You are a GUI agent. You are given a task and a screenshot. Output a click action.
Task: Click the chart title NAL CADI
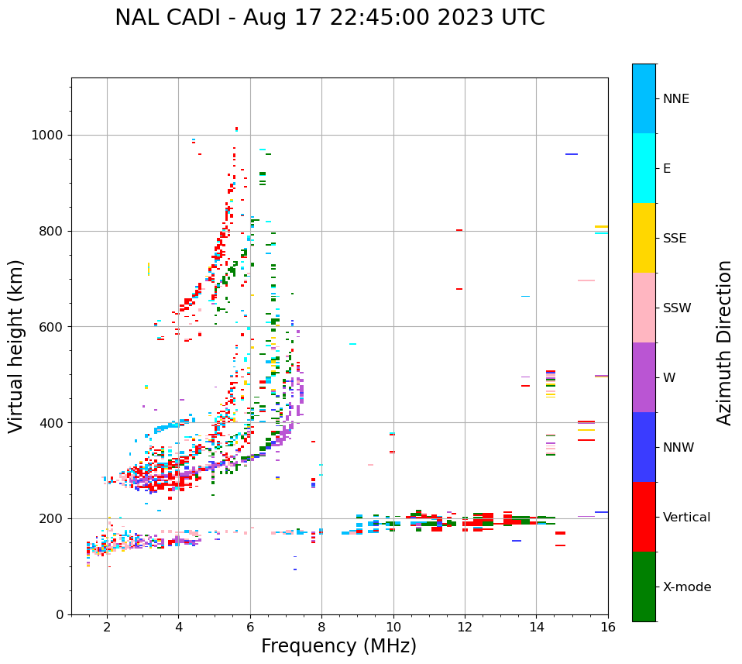click(x=329, y=18)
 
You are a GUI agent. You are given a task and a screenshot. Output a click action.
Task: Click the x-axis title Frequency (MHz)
click(x=338, y=646)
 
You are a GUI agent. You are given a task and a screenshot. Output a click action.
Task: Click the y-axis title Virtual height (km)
click(x=16, y=346)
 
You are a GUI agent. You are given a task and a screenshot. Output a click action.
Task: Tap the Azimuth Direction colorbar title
click(x=724, y=342)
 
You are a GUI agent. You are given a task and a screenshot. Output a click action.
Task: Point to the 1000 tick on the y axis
click(x=48, y=135)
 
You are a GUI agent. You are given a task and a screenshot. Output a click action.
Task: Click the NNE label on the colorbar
click(x=675, y=99)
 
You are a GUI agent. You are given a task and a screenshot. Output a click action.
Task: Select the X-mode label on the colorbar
click(x=686, y=587)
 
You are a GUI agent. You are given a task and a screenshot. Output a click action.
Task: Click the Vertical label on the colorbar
click(x=687, y=518)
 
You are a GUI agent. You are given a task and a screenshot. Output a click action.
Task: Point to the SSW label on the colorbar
click(x=677, y=308)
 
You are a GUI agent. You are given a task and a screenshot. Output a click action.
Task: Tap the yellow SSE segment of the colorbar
click(x=644, y=238)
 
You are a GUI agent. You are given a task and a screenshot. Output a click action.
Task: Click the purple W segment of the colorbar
click(x=644, y=377)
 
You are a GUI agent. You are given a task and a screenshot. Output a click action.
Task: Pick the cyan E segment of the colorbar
click(x=644, y=168)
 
